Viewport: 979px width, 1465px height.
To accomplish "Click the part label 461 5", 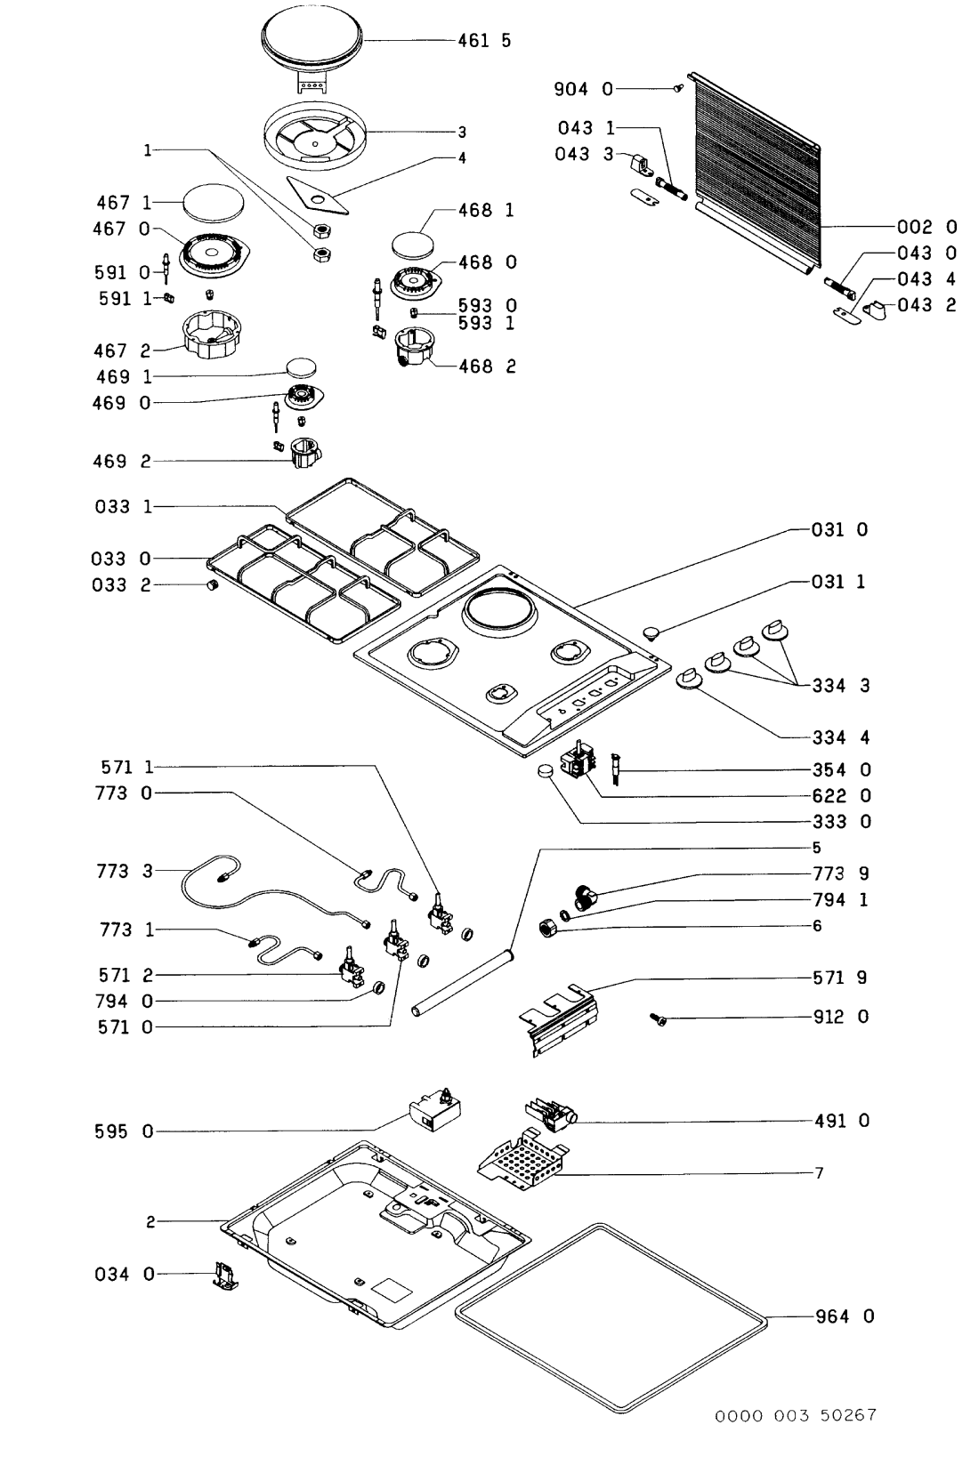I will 484,41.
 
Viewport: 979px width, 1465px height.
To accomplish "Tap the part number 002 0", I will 927,227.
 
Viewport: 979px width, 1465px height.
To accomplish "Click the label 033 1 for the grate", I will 123,507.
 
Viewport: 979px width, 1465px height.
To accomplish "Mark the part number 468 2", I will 487,366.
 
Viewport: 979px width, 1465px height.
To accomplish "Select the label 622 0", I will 841,795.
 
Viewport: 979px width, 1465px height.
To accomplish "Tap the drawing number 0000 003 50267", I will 797,1415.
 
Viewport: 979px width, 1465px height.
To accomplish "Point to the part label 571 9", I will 840,978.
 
